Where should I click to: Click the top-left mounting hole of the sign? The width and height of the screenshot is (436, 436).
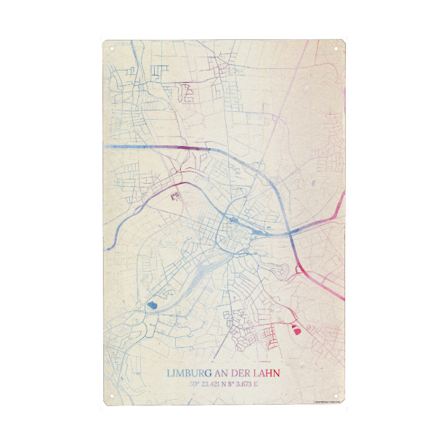tap(113, 49)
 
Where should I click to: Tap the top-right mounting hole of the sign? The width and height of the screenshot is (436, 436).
tap(336, 49)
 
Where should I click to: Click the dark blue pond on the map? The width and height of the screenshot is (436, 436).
tap(153, 305)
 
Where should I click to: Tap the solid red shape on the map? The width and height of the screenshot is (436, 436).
tap(296, 329)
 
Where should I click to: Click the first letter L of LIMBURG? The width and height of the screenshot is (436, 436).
tap(170, 373)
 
